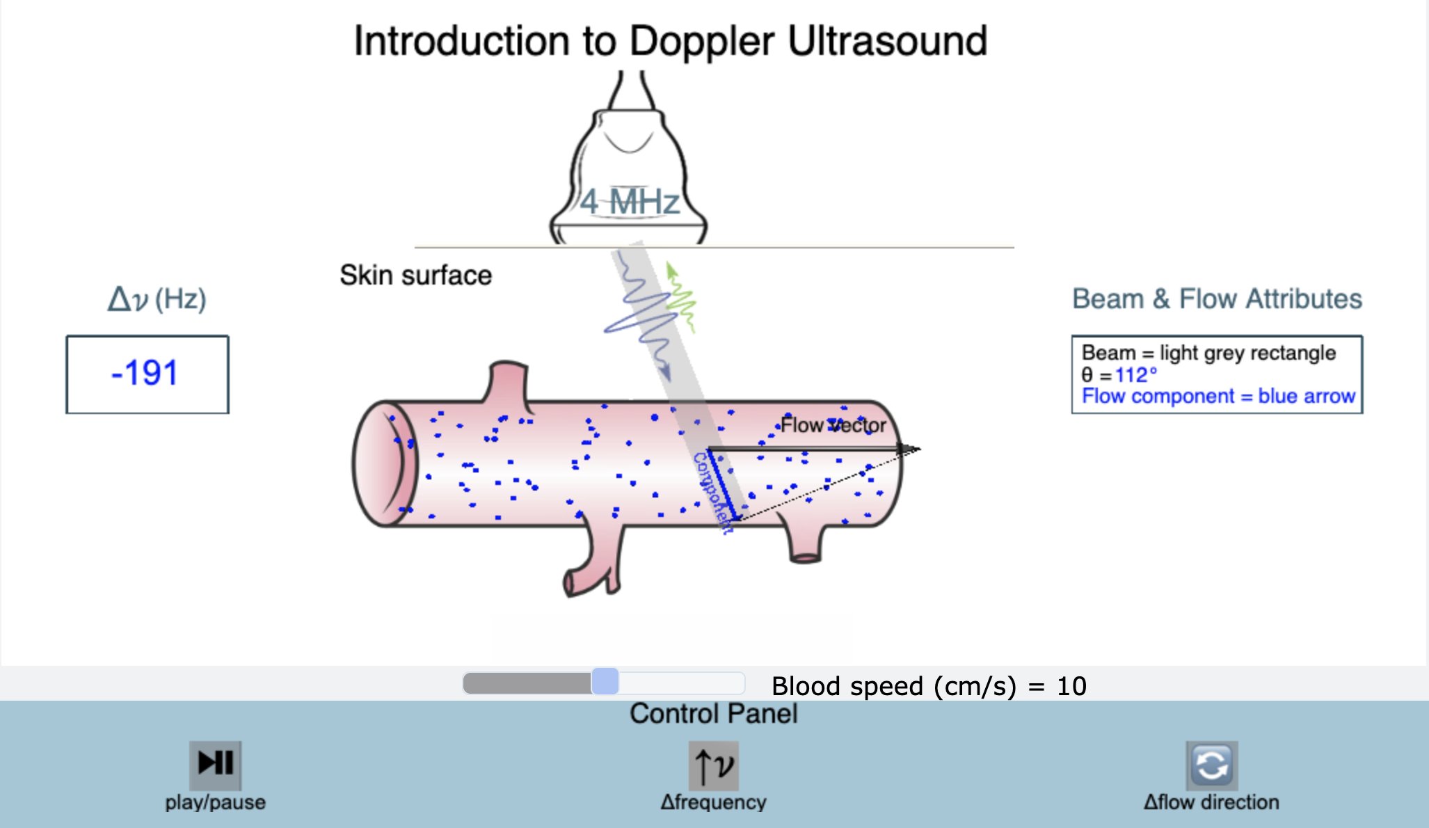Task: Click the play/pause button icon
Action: tap(215, 763)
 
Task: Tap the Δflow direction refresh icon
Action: tap(1211, 765)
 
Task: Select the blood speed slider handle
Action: tap(605, 681)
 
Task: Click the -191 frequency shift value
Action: tap(145, 373)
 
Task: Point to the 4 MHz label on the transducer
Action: tap(630, 202)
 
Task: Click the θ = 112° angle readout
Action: tap(1119, 375)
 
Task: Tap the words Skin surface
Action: tap(415, 276)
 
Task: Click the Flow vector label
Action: tap(833, 425)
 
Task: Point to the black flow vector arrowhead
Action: tap(909, 449)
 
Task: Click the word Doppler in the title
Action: tap(701, 41)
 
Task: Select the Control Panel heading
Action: tap(713, 714)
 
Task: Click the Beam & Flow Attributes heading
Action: tap(1217, 299)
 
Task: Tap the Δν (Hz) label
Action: tap(157, 299)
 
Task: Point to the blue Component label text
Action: tap(713, 491)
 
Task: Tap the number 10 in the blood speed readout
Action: tap(1071, 687)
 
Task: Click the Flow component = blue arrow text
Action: tap(1218, 397)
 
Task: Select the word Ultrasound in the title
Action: tap(887, 41)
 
